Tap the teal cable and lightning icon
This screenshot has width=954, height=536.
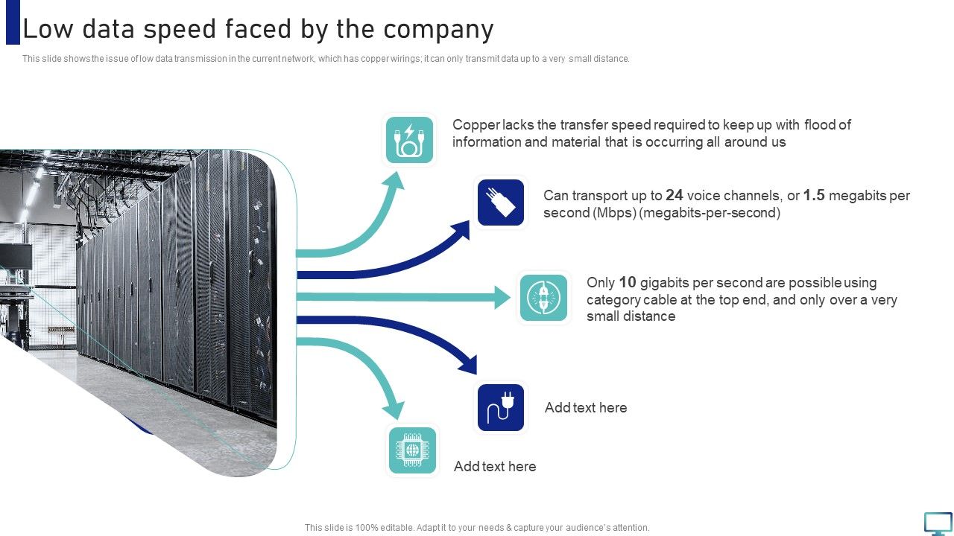pos(409,139)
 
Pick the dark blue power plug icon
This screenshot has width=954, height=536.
pos(501,407)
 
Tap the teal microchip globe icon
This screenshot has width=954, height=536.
pos(412,450)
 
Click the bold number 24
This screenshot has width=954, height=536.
pos(675,196)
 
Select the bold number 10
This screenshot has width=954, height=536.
pos(628,283)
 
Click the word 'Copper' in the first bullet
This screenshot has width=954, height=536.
pos(476,125)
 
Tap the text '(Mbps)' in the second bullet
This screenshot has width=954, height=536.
pos(614,213)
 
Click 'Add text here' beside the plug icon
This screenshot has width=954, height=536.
pos(586,408)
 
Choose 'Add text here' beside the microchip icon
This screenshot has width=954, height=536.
pos(495,467)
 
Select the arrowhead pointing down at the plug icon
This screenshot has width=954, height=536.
pos(469,365)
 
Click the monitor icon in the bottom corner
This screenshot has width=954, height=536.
pos(938,523)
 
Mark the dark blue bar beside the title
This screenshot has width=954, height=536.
pos(13,22)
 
